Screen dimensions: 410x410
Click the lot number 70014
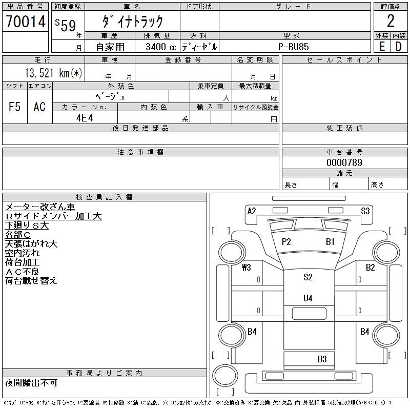pyautogui.click(x=25, y=22)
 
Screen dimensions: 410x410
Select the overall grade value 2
pyautogui.click(x=391, y=22)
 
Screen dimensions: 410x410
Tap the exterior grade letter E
pyautogui.click(x=382, y=46)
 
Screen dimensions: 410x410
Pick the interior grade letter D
pyautogui.click(x=398, y=46)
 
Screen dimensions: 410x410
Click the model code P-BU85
pyautogui.click(x=295, y=47)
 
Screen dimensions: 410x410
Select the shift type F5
pyautogui.click(x=15, y=107)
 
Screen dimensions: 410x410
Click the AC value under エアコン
pyautogui.click(x=39, y=107)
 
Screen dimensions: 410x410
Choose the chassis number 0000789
pyautogui.click(x=344, y=162)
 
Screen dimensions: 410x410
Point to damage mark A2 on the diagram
pyautogui.click(x=251, y=211)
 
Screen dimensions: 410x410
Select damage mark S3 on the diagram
pyautogui.click(x=365, y=211)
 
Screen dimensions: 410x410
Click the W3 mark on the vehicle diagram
pyautogui.click(x=247, y=267)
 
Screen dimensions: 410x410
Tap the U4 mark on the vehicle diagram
pyautogui.click(x=307, y=298)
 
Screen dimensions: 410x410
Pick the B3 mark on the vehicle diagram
pyautogui.click(x=322, y=359)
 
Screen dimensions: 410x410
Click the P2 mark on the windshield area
pyautogui.click(x=286, y=242)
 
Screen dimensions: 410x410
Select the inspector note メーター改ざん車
pyautogui.click(x=40, y=207)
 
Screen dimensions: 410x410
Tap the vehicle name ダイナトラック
pyautogui.click(x=132, y=22)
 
